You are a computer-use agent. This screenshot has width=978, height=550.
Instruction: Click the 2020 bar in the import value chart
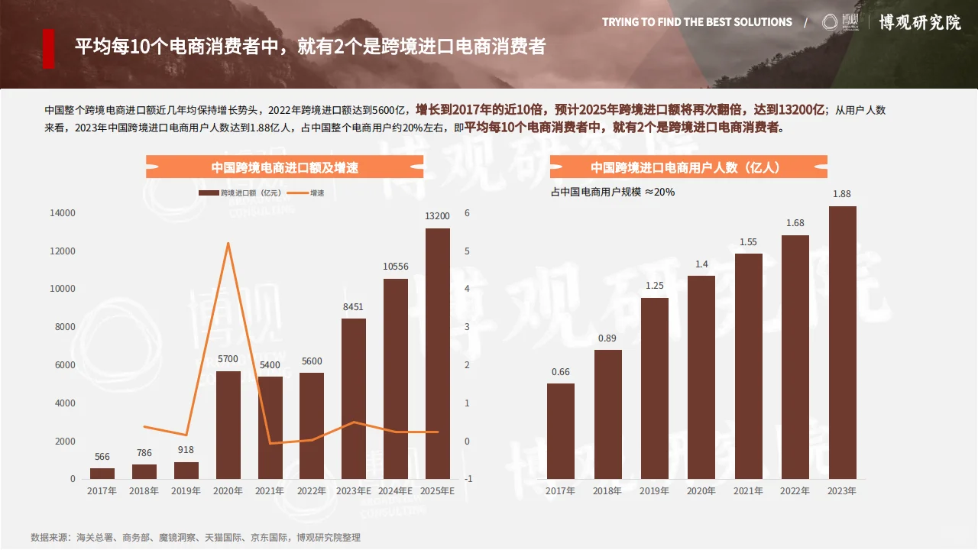click(x=228, y=425)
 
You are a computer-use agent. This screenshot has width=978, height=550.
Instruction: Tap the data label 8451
click(x=353, y=307)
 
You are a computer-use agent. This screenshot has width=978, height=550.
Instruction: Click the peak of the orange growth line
click(x=228, y=243)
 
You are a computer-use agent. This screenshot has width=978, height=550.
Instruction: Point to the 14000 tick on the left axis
click(x=63, y=213)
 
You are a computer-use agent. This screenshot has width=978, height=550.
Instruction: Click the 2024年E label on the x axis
click(x=396, y=490)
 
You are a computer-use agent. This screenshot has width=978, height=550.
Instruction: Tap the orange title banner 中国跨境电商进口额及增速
click(x=284, y=167)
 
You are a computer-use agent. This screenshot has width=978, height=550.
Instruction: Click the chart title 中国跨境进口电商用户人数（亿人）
click(x=688, y=167)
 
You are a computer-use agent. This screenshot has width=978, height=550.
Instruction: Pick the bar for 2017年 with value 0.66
click(x=561, y=431)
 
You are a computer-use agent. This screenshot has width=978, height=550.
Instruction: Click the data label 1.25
click(x=654, y=286)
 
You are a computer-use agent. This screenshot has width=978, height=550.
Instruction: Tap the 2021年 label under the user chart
click(x=748, y=491)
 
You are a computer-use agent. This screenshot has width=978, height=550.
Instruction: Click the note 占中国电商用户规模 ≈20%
click(x=613, y=192)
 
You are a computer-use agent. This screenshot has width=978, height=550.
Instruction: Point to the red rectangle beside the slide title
click(x=48, y=49)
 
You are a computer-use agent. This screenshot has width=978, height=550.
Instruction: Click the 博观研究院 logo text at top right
click(x=919, y=22)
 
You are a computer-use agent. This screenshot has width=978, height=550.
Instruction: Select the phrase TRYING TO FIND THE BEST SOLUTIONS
click(x=697, y=22)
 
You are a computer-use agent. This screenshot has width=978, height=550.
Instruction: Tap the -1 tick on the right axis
click(x=468, y=479)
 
